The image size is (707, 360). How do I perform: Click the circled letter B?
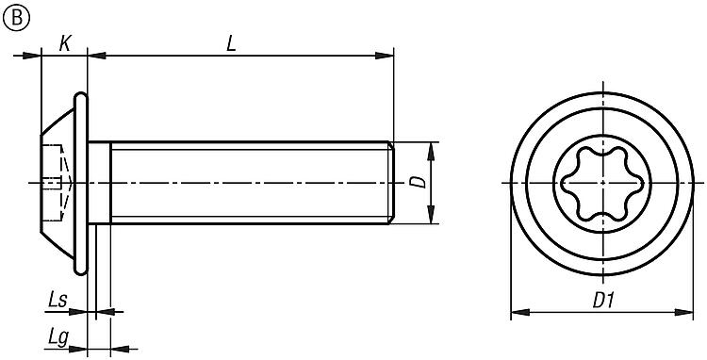pos(16,18)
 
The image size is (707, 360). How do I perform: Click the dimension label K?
pos(65,43)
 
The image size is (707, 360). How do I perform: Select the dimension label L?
pos(231,43)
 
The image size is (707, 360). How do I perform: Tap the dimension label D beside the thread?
pos(419,182)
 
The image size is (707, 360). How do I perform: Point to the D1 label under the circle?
pos(603,301)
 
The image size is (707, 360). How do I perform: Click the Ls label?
pos(58,300)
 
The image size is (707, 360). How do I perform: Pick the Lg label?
pos(58,337)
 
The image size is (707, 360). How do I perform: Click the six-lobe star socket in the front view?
pos(602,184)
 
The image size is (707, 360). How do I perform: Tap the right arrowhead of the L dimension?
pos(385,56)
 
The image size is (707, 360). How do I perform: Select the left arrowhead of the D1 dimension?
pos(519,312)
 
